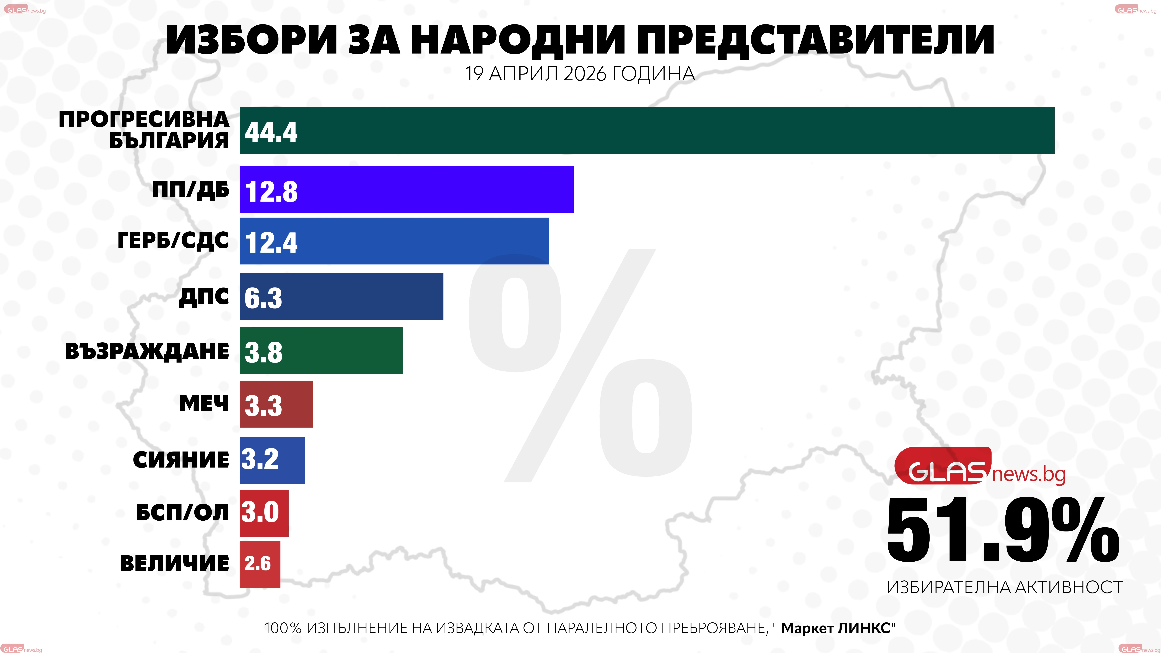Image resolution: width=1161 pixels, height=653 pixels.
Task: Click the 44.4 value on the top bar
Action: [271, 133]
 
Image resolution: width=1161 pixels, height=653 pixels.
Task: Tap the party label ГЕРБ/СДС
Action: [173, 241]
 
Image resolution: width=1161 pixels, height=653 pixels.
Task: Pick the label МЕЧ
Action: [204, 404]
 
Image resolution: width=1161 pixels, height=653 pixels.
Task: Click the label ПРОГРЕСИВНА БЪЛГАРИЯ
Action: [144, 130]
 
